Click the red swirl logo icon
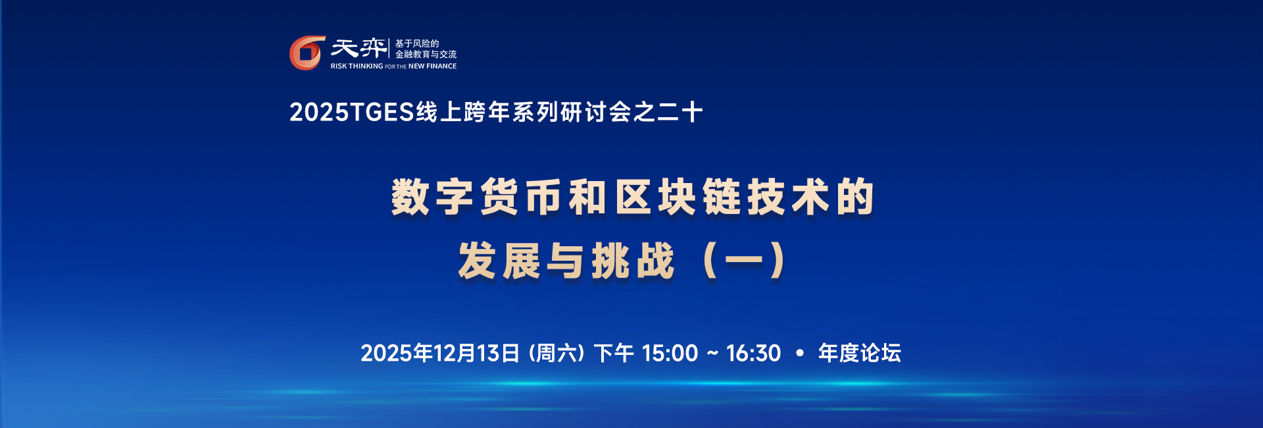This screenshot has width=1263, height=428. tap(307, 53)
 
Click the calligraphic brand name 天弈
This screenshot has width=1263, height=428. tap(359, 48)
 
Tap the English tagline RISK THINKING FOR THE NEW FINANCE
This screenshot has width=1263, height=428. tap(393, 67)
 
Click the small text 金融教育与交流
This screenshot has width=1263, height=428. tap(426, 55)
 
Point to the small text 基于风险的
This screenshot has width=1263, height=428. tap(417, 43)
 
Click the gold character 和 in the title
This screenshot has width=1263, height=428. tap(587, 197)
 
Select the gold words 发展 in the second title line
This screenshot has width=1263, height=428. tap(499, 261)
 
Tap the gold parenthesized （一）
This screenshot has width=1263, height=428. tap(744, 261)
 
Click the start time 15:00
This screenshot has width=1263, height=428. tap(670, 354)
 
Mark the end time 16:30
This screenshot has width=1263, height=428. tap(753, 354)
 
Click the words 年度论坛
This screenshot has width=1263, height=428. tap(859, 354)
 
